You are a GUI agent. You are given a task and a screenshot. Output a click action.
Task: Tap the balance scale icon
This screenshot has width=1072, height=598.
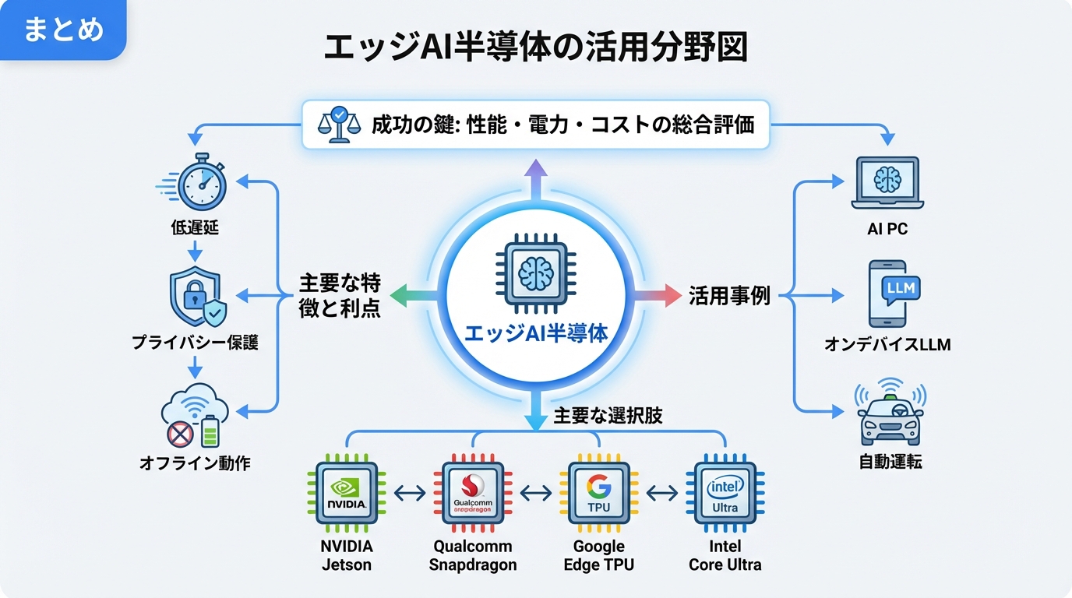[337, 124]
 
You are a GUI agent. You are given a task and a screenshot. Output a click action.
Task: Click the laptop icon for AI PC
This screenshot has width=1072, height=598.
[887, 183]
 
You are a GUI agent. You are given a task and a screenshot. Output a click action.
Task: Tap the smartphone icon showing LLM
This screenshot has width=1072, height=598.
[887, 294]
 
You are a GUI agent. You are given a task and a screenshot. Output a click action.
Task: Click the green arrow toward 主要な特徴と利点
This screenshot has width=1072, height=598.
[410, 296]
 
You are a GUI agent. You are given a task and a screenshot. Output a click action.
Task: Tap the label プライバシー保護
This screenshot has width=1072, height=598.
[195, 343]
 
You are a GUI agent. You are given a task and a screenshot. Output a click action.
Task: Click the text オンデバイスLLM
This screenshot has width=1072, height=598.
[887, 343]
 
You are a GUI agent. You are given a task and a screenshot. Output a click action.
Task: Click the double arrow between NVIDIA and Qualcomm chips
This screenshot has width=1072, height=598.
[410, 493]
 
